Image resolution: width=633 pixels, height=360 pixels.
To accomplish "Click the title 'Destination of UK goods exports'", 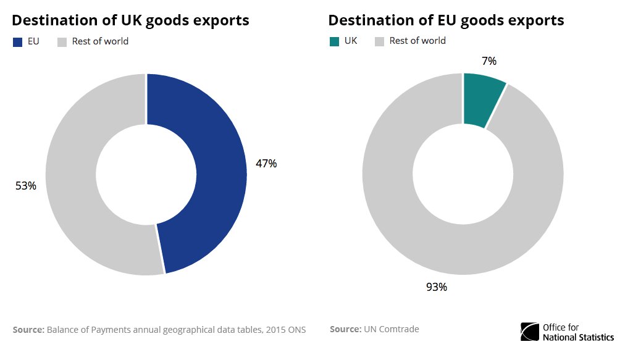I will click(x=130, y=20).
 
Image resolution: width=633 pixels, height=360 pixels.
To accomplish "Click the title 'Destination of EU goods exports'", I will click(x=446, y=20).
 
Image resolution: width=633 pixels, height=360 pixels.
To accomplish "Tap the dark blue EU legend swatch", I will click(x=17, y=42).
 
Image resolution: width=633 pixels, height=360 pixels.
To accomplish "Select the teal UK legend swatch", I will click(x=333, y=41).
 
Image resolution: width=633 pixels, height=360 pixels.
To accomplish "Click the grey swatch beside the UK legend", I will click(x=380, y=41).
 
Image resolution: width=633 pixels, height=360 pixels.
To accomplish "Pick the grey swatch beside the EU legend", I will click(x=62, y=42).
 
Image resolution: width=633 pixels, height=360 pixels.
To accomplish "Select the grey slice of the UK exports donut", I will click(x=74, y=185).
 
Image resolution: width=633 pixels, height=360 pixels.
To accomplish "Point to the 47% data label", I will click(x=266, y=164).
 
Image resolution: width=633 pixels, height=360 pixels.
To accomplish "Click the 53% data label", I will click(x=26, y=185).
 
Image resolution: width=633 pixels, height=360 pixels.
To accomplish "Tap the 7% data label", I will click(x=488, y=61).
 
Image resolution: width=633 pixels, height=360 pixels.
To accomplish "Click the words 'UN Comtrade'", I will click(x=392, y=329).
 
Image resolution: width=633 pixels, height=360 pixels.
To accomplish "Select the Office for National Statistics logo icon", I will click(x=530, y=332).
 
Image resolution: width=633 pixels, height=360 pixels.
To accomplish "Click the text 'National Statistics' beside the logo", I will click(x=578, y=337).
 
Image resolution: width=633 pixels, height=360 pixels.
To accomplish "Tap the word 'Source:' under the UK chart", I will click(x=28, y=330).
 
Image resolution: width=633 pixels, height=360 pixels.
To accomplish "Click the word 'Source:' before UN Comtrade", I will click(x=345, y=329).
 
